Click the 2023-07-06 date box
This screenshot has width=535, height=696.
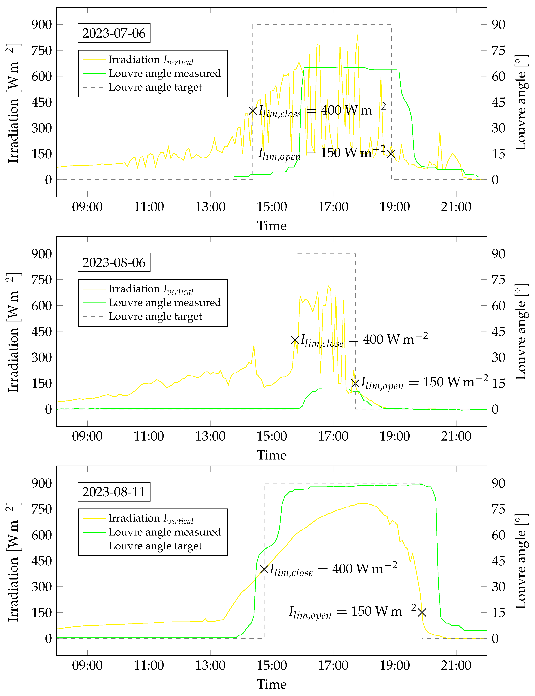pyautogui.click(x=114, y=33)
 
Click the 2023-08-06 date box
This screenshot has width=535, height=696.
pyautogui.click(x=114, y=263)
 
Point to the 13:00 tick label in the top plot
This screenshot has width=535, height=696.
pyautogui.click(x=210, y=207)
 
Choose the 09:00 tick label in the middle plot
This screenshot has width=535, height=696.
pyautogui.click(x=87, y=436)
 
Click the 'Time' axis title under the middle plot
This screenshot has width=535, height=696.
pyautogui.click(x=272, y=455)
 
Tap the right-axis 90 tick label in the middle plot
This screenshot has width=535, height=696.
pyautogui.click(x=498, y=254)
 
